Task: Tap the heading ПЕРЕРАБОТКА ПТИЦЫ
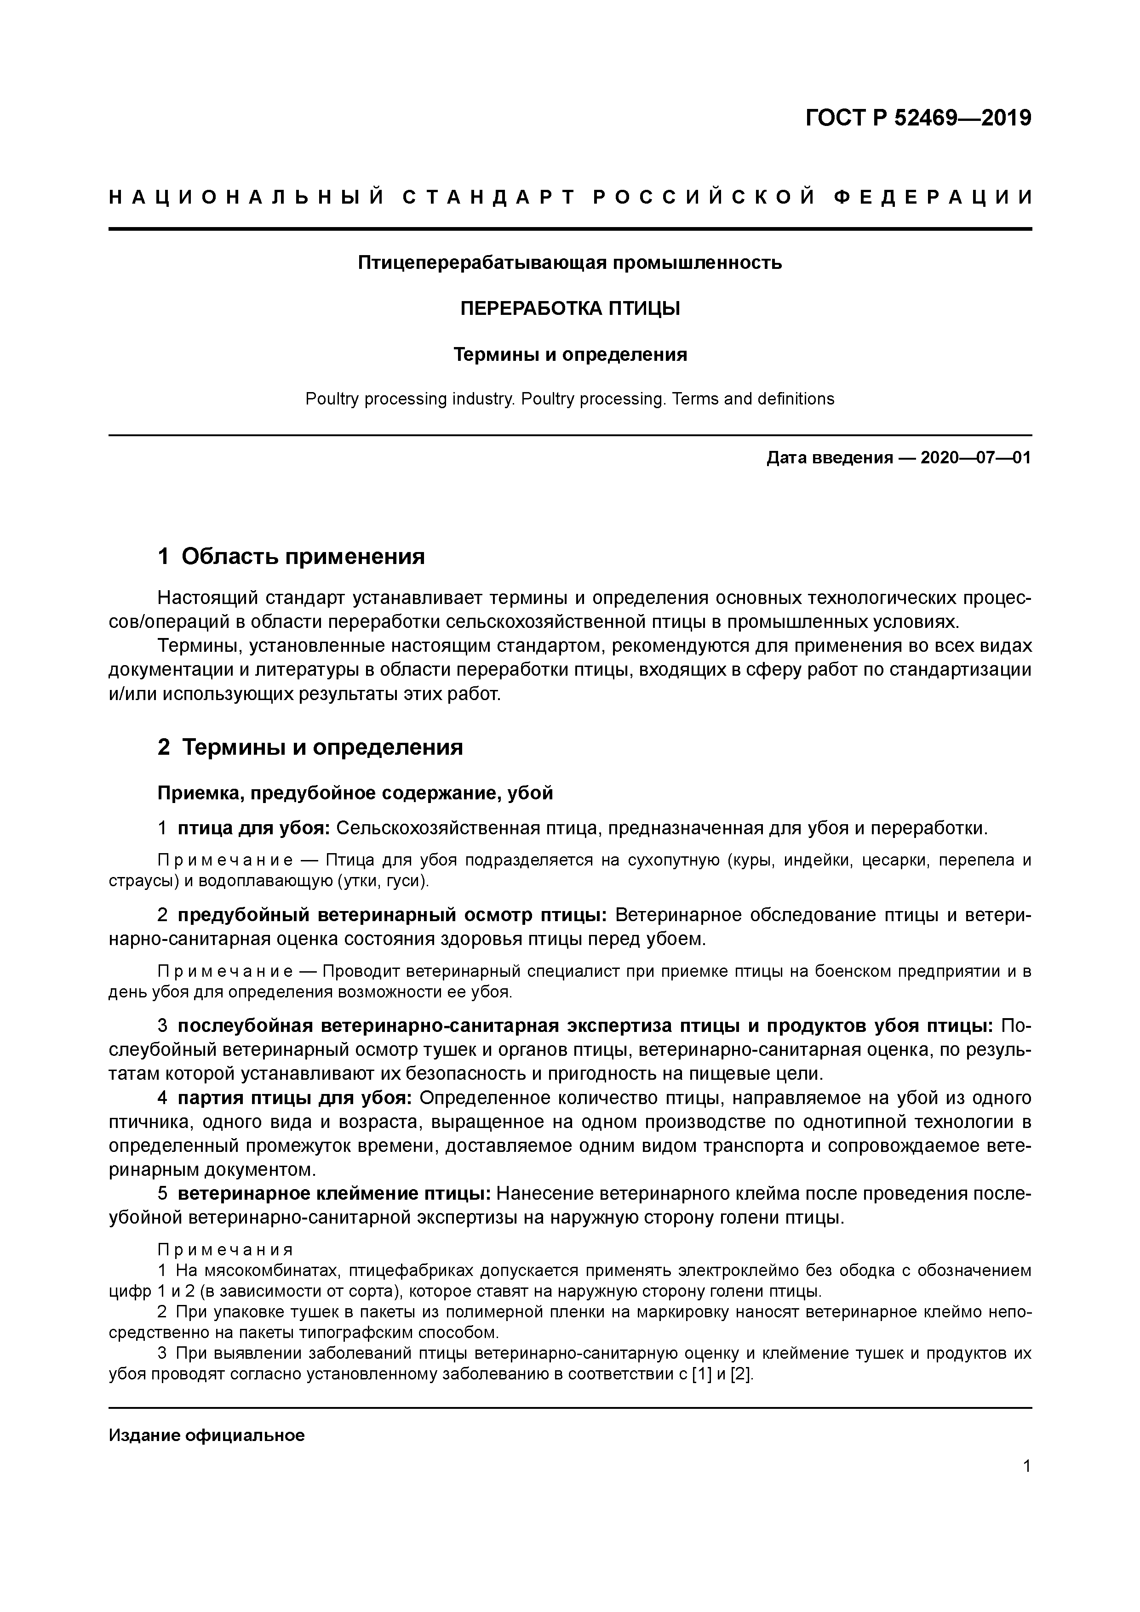pos(570,308)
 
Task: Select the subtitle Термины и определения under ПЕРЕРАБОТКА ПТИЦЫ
pos(570,354)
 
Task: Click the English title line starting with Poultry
pos(570,399)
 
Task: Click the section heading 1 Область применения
pos(292,557)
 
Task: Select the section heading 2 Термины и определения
pos(310,747)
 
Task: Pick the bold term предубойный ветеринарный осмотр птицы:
pos(393,916)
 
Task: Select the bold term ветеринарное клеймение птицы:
pos(334,1194)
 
